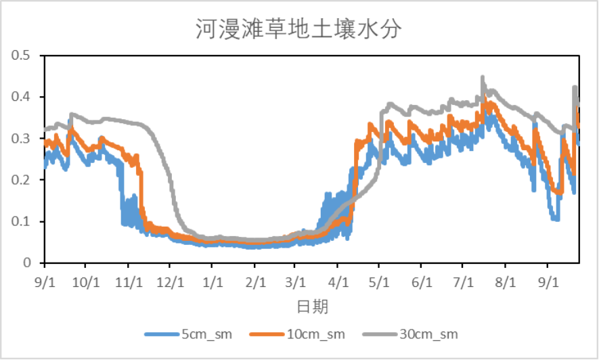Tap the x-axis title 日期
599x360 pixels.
click(x=312, y=307)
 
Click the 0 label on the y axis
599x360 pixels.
click(x=28, y=263)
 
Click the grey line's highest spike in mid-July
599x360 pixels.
click(x=483, y=78)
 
